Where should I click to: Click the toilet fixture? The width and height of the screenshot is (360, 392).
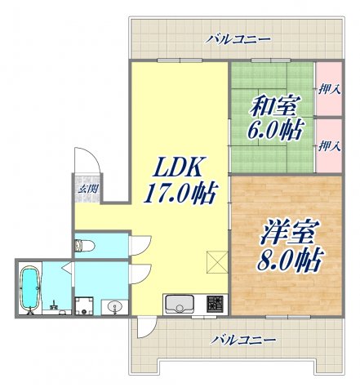[85, 245]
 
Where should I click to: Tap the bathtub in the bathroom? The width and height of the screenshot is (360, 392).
[30, 288]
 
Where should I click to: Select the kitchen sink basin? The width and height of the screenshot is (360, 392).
[180, 305]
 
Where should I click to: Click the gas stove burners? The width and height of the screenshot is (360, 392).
[216, 304]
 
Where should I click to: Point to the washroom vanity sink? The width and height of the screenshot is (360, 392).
[114, 307]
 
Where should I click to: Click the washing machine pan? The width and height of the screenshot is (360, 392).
[84, 306]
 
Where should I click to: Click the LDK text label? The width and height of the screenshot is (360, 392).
[178, 167]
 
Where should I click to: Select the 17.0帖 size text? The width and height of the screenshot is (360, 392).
[181, 193]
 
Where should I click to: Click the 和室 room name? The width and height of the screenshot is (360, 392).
[274, 105]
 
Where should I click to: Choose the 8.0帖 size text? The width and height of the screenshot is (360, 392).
[289, 259]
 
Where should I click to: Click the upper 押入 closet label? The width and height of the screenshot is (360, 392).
[330, 90]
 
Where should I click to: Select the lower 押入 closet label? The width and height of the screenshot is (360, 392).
[330, 146]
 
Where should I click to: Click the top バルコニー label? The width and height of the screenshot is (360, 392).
[238, 40]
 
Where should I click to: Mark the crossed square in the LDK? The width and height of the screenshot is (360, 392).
[217, 262]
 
